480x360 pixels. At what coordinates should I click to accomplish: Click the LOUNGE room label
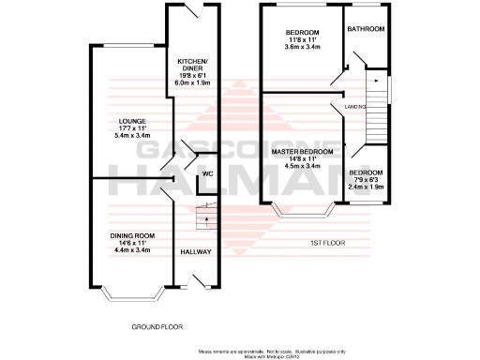coord(131,119)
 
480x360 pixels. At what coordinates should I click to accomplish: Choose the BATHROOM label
coord(366,29)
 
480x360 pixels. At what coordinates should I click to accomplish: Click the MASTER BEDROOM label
coord(303,152)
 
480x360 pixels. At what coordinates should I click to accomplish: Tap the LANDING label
coord(355,107)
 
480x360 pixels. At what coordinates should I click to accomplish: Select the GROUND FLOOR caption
coord(157,328)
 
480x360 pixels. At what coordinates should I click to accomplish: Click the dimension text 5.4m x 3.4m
coord(131,137)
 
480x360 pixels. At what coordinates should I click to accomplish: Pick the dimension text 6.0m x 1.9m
coord(191,81)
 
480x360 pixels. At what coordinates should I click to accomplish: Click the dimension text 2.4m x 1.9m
coord(366,187)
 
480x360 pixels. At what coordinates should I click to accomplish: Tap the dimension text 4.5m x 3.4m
coord(303,166)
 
